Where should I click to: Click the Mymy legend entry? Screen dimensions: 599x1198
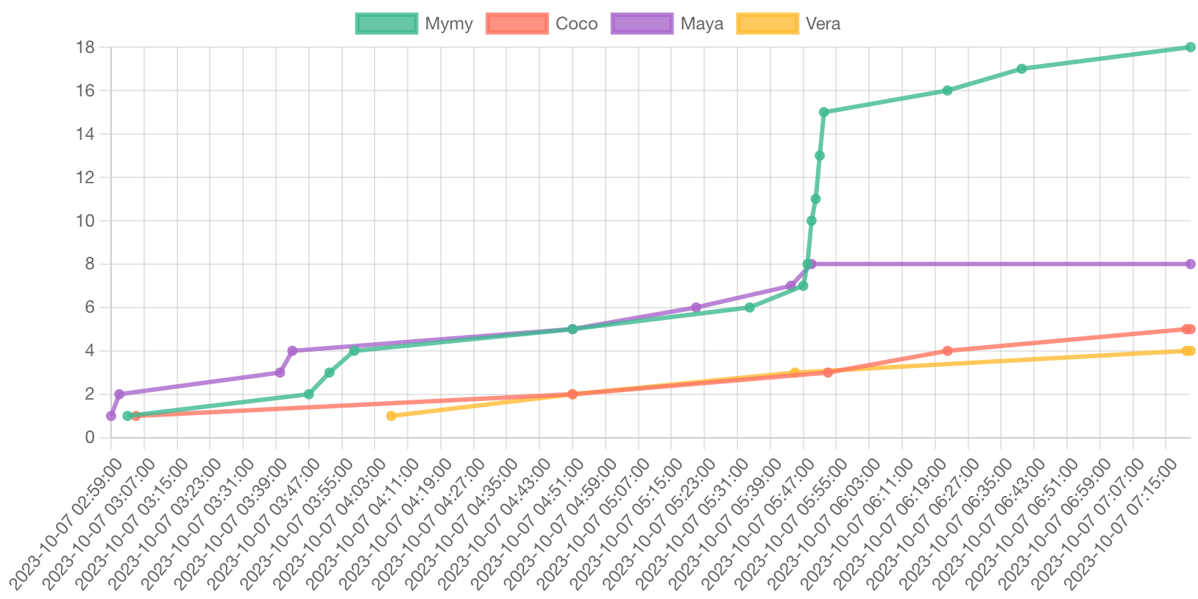point(414,24)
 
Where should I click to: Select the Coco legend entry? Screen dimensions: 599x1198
point(542,24)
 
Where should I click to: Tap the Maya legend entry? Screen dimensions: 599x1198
point(667,24)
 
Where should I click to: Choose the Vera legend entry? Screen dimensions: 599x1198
point(788,24)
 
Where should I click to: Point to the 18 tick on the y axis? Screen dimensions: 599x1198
point(85,47)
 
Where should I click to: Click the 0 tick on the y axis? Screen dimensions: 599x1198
point(90,437)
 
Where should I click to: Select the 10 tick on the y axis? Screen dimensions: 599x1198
point(85,221)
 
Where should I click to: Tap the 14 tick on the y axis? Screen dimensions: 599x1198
point(85,134)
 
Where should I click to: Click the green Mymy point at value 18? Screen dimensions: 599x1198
point(1190,47)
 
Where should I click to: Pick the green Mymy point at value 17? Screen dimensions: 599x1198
point(1021,68)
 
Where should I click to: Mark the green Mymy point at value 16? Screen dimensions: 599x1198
point(947,91)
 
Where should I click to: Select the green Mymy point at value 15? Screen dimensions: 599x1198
point(823,112)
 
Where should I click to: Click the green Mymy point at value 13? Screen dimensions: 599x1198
point(819,155)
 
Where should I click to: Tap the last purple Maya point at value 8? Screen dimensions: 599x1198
point(1190,263)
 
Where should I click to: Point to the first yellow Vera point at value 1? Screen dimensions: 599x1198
point(391,416)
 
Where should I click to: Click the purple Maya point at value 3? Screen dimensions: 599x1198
point(280,372)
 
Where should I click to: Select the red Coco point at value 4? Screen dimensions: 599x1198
point(947,350)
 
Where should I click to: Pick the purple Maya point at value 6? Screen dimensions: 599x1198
point(695,308)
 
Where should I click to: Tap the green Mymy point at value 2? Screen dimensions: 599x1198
point(308,394)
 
